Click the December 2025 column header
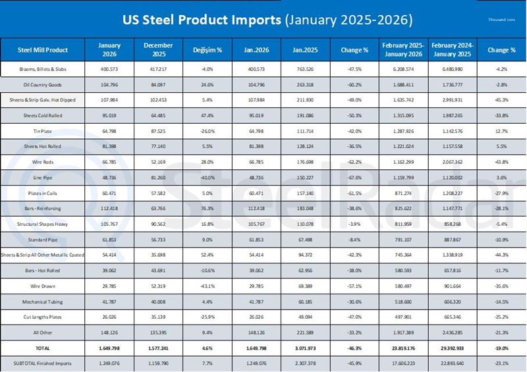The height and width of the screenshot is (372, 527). tap(156, 49)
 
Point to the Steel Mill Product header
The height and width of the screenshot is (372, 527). tap(43, 49)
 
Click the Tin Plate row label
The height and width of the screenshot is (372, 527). tap(43, 132)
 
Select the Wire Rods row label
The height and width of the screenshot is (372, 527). tap(43, 162)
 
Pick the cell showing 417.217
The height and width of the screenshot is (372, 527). tap(156, 69)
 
